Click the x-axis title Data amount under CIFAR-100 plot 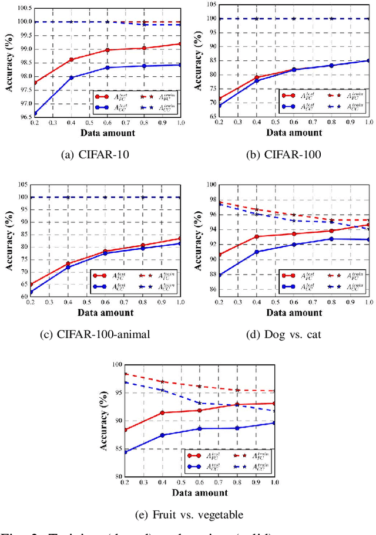(294, 133)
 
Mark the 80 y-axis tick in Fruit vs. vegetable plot (119, 476)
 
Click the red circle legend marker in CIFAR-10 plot (102, 96)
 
